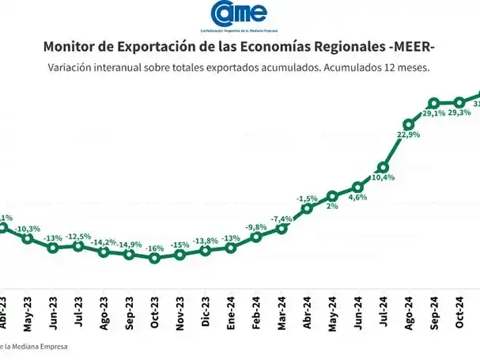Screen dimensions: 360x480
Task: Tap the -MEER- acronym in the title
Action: (412, 48)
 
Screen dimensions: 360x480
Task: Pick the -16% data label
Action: (155, 248)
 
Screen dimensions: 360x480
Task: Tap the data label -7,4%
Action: (282, 218)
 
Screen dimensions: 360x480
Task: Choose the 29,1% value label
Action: (433, 113)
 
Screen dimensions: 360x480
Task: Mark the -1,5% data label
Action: (307, 198)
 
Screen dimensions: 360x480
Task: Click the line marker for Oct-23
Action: (154, 258)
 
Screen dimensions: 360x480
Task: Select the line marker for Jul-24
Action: (383, 167)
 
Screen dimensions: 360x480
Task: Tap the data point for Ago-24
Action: (409, 124)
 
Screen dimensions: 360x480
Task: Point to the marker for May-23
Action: (27, 238)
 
